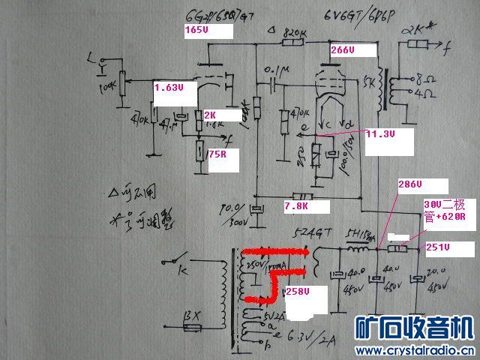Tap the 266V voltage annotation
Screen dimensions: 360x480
[342, 50]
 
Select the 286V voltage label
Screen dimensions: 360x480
[409, 184]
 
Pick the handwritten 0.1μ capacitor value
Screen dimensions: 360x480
[275, 70]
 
